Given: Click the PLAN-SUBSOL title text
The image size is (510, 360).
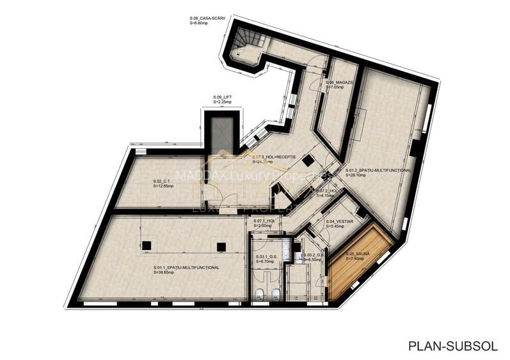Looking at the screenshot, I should point(452,345).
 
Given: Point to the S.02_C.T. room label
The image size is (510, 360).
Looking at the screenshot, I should point(162,181).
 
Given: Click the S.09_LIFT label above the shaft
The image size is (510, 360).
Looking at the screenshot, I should point(223,97).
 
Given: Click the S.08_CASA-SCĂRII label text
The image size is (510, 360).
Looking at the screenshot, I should point(209,19).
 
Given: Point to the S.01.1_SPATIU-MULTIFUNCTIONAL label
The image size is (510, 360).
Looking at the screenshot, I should point(186,267).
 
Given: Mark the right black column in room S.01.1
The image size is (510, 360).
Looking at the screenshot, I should point(221,246).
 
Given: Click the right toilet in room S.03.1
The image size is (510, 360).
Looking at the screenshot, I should point(275,293).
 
